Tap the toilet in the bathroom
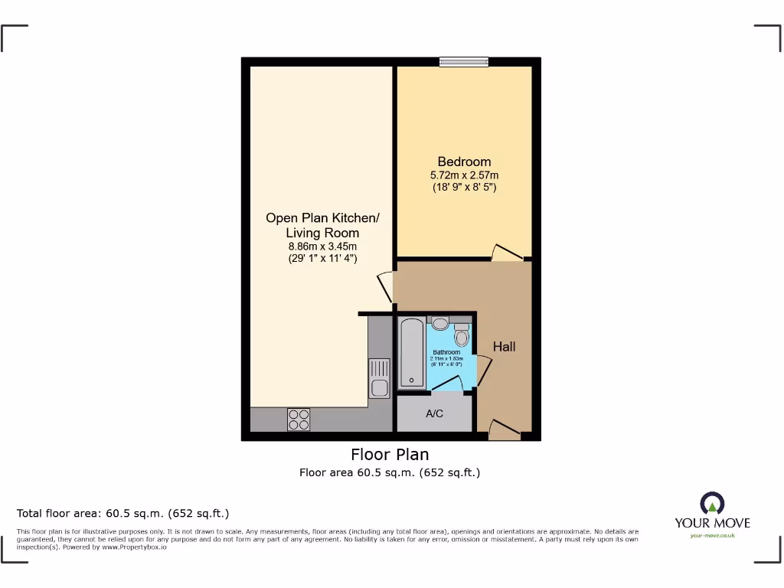coord(461,335)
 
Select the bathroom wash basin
coord(439,323)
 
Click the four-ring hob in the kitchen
coord(299,419)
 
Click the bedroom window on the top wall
coord(464,62)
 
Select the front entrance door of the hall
coord(504,430)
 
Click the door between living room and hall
coord(384,286)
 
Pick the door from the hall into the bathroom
coord(482,370)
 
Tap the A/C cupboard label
coord(434,414)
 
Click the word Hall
coord(504,347)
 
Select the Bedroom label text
coord(464,162)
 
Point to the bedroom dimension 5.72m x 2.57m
coord(464,175)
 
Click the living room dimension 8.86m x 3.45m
coord(322,247)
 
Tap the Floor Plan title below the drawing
coord(390,455)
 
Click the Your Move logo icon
coord(712,503)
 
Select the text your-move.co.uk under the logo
coord(712,535)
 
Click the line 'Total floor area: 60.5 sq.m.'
coord(123,513)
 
